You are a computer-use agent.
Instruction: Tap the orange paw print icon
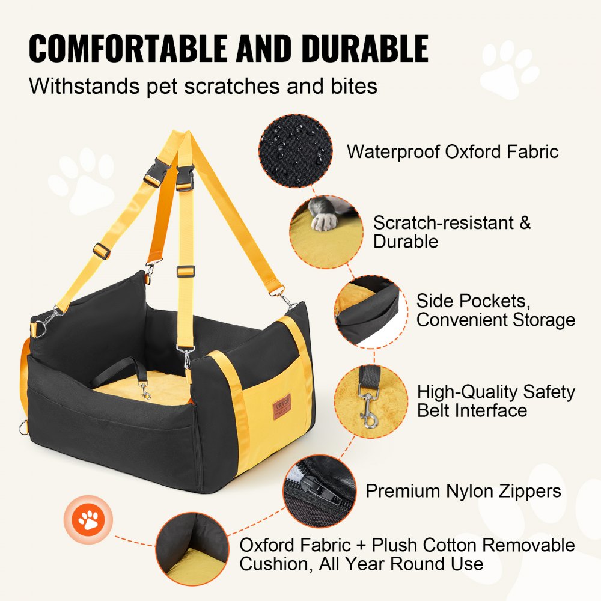[x=90, y=520]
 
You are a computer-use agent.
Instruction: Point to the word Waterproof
[x=393, y=151]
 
